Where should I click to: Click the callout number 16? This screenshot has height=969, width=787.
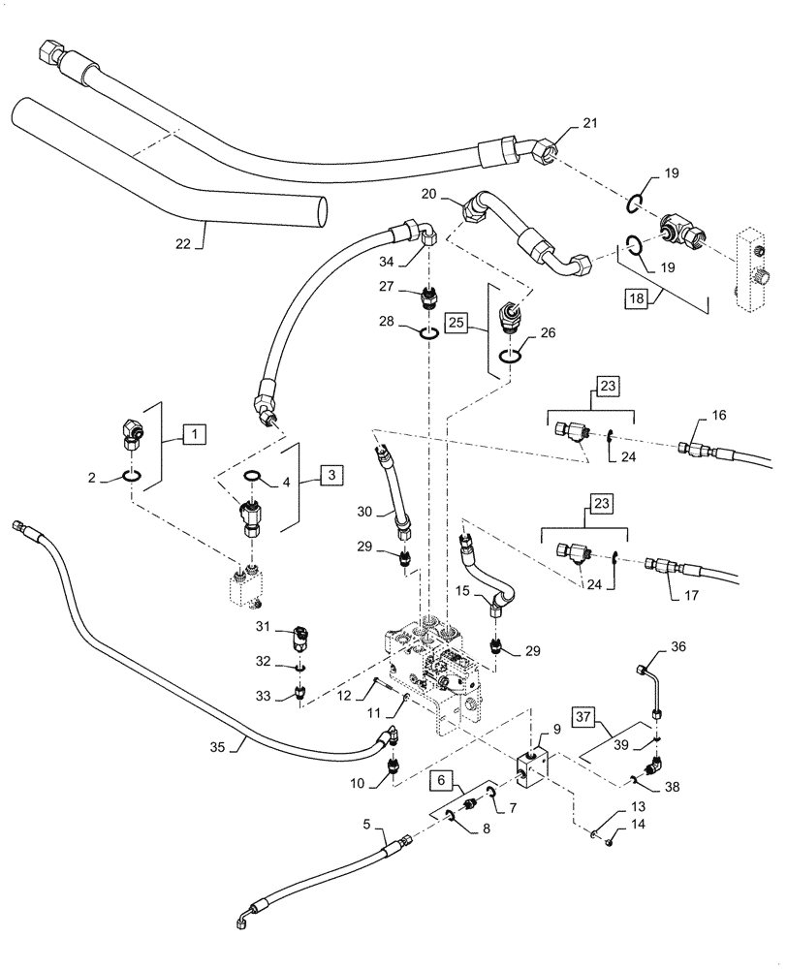(x=719, y=416)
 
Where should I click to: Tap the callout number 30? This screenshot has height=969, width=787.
(x=363, y=513)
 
